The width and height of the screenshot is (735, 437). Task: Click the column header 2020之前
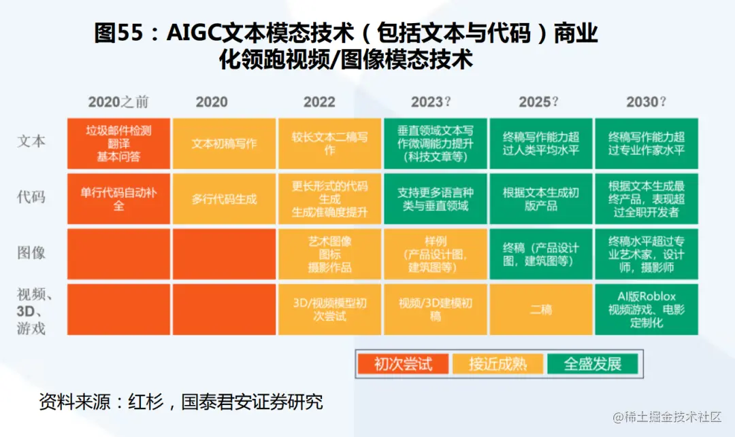tap(118, 102)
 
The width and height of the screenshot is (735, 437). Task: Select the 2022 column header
tap(319, 102)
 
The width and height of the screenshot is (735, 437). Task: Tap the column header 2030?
tap(646, 102)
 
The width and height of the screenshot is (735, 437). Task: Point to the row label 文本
tap(31, 142)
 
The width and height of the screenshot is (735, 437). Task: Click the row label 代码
tap(31, 198)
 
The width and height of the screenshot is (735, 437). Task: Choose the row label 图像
tap(31, 253)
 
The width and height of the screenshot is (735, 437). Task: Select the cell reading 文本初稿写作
tap(224, 143)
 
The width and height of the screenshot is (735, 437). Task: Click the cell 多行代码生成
tap(224, 199)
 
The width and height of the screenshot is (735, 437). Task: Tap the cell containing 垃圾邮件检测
tap(118, 143)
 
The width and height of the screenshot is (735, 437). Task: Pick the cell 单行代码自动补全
tap(118, 199)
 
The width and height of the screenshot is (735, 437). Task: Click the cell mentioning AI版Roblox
tap(646, 309)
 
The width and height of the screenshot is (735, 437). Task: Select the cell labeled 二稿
tap(541, 310)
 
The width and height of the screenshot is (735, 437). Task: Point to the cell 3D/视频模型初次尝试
tap(329, 310)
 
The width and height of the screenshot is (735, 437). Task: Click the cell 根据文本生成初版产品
tap(541, 199)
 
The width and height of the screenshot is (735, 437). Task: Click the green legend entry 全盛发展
tap(592, 364)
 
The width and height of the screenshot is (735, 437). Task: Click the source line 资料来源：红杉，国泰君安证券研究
tap(180, 402)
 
